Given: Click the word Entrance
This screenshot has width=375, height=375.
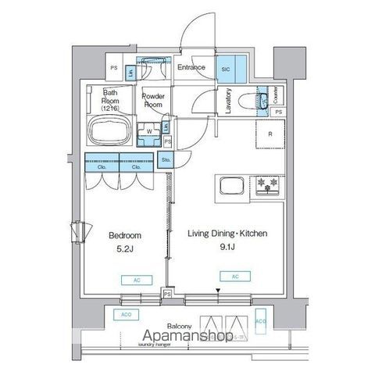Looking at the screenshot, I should pos(191,68).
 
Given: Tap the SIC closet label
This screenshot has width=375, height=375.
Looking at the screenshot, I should pos(227,69).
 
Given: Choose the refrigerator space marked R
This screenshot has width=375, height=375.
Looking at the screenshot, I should pos(270,134).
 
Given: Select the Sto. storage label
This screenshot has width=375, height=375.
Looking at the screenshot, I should pos(166,160).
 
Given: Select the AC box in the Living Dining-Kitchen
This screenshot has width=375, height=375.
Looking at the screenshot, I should pos(234,276).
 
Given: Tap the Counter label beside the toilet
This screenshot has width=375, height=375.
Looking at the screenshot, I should pos(277,97).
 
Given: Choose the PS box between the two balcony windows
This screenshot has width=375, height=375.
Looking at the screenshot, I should pos(167,295).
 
